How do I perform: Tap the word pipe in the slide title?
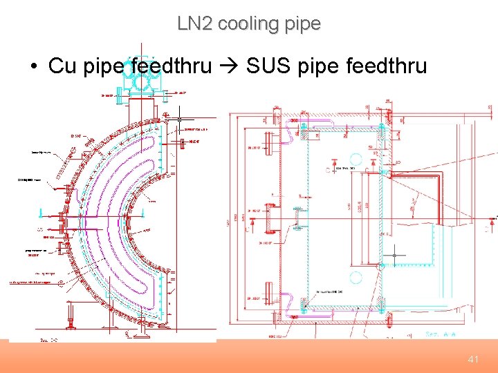tap(303, 23)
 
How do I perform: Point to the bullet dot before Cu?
tap(33, 67)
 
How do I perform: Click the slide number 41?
tap(473, 359)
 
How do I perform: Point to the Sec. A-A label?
tap(441, 334)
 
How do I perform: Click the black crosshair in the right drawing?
tap(394, 256)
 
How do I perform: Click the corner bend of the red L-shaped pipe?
tap(438, 178)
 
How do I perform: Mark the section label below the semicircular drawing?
tap(48, 340)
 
